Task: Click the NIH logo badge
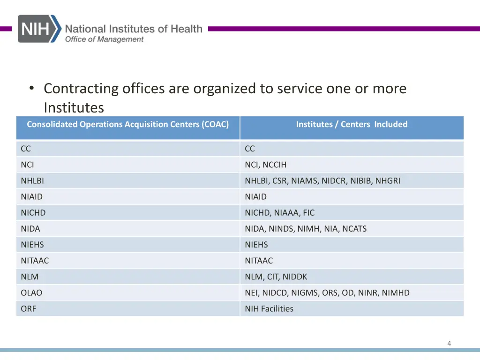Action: click(39, 29)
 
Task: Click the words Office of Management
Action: click(104, 39)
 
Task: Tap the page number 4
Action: click(449, 344)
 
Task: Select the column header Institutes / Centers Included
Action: click(352, 124)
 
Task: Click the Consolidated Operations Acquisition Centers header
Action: click(127, 124)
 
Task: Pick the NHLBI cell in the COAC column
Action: click(32, 180)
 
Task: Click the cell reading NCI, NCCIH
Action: click(265, 165)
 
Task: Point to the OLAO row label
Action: click(31, 292)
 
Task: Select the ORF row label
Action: click(28, 308)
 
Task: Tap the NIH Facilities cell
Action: click(269, 308)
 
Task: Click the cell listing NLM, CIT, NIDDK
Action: click(276, 277)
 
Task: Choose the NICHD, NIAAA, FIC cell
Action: click(279, 212)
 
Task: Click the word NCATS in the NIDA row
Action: click(354, 229)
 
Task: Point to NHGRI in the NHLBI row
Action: click(388, 180)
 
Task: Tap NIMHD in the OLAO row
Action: click(396, 292)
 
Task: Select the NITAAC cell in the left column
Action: click(35, 261)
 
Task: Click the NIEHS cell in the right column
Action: click(256, 245)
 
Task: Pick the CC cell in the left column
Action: click(26, 149)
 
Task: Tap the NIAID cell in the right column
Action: click(255, 196)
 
